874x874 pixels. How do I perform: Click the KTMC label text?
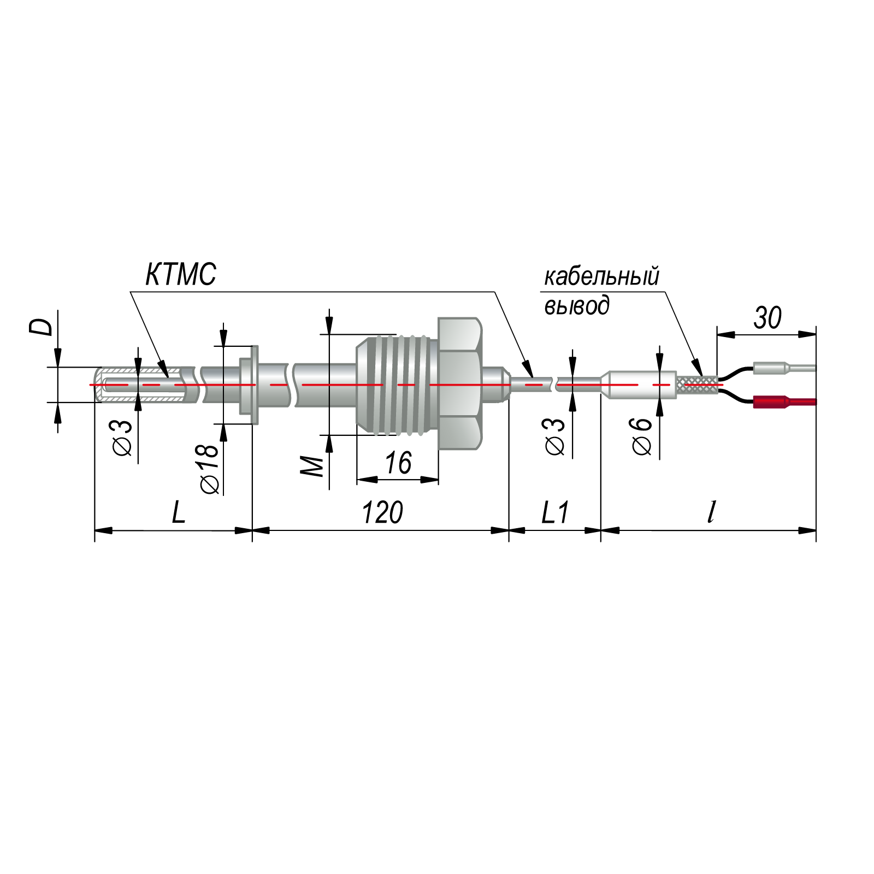point(181,274)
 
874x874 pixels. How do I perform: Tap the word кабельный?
point(601,276)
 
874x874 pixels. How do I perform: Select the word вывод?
point(577,305)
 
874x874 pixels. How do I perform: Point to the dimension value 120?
point(382,512)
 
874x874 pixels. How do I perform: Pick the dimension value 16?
point(398,463)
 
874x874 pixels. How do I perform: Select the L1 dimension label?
point(556,513)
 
